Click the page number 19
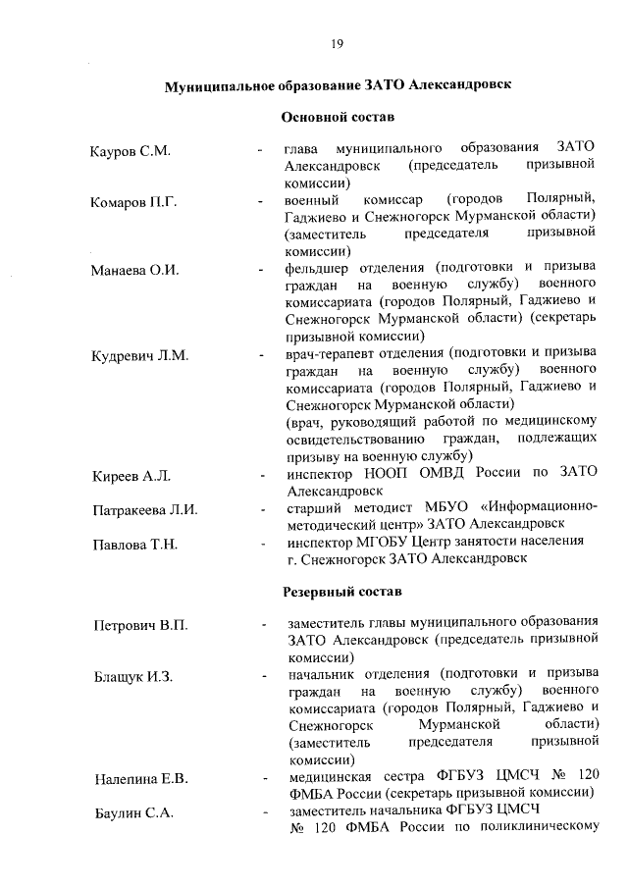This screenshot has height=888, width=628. pos(336,43)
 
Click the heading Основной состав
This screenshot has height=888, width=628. pos(338,118)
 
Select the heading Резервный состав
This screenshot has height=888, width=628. pos(340,594)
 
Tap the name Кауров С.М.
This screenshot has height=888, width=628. pos(130,151)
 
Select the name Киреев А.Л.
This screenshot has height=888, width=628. pos(129,476)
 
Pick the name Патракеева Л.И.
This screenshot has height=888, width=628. pos(145,510)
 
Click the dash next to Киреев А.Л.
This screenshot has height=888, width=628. pos(261,476)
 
